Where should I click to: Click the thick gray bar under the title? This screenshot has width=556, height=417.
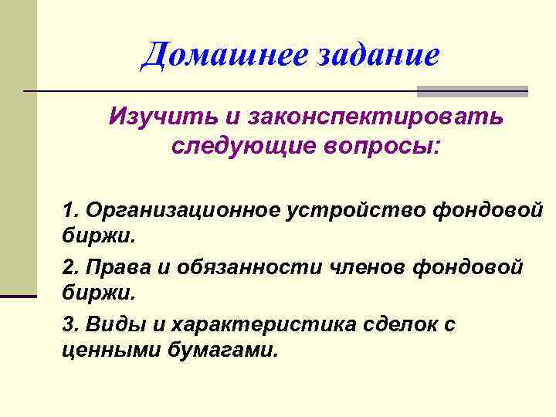(472, 91)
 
